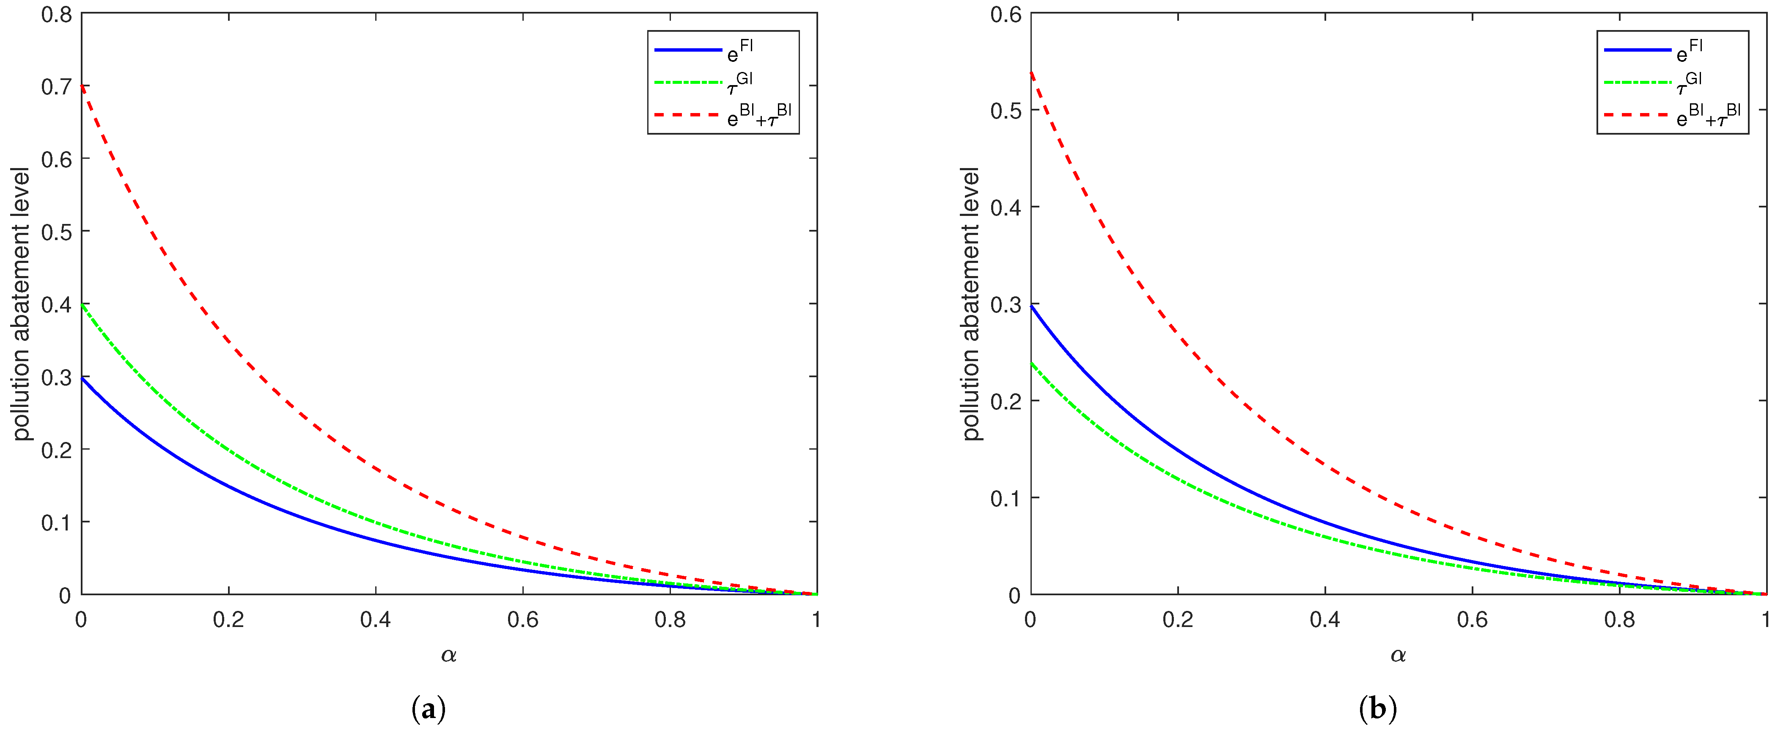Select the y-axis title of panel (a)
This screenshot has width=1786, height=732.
pyautogui.click(x=22, y=304)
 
